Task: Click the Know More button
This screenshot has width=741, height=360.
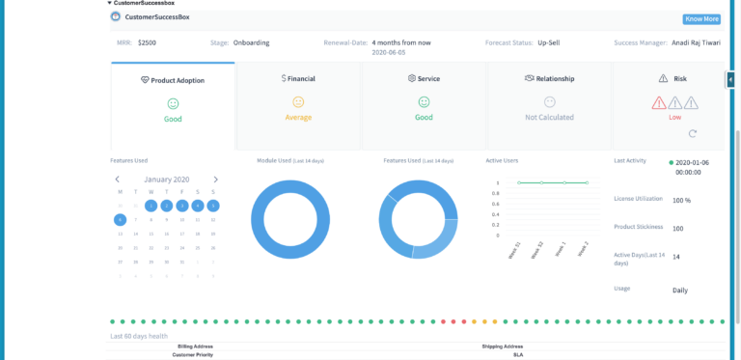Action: pyautogui.click(x=701, y=19)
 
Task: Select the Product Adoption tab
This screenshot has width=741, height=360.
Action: pyautogui.click(x=173, y=80)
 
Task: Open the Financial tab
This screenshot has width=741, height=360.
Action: pyautogui.click(x=298, y=78)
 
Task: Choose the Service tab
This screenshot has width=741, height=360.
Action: pyautogui.click(x=424, y=78)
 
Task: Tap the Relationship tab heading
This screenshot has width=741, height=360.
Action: pyautogui.click(x=549, y=78)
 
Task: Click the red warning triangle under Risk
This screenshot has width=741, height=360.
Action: pyautogui.click(x=659, y=102)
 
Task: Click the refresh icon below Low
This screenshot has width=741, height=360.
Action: pyautogui.click(x=692, y=134)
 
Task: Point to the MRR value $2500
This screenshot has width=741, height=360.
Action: pyautogui.click(x=148, y=42)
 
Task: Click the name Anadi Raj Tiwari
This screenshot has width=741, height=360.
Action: pyautogui.click(x=693, y=42)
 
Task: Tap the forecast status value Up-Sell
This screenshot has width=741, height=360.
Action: pyautogui.click(x=549, y=42)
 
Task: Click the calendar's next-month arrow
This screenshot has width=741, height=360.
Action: pyautogui.click(x=215, y=180)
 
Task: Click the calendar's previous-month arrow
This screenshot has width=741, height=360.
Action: pyautogui.click(x=118, y=180)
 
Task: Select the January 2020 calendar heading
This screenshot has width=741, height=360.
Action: pyautogui.click(x=167, y=180)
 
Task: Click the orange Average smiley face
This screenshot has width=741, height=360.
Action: pyautogui.click(x=298, y=101)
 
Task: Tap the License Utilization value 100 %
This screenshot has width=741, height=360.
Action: pyautogui.click(x=681, y=201)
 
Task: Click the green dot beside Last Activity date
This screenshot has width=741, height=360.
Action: pyautogui.click(x=672, y=163)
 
